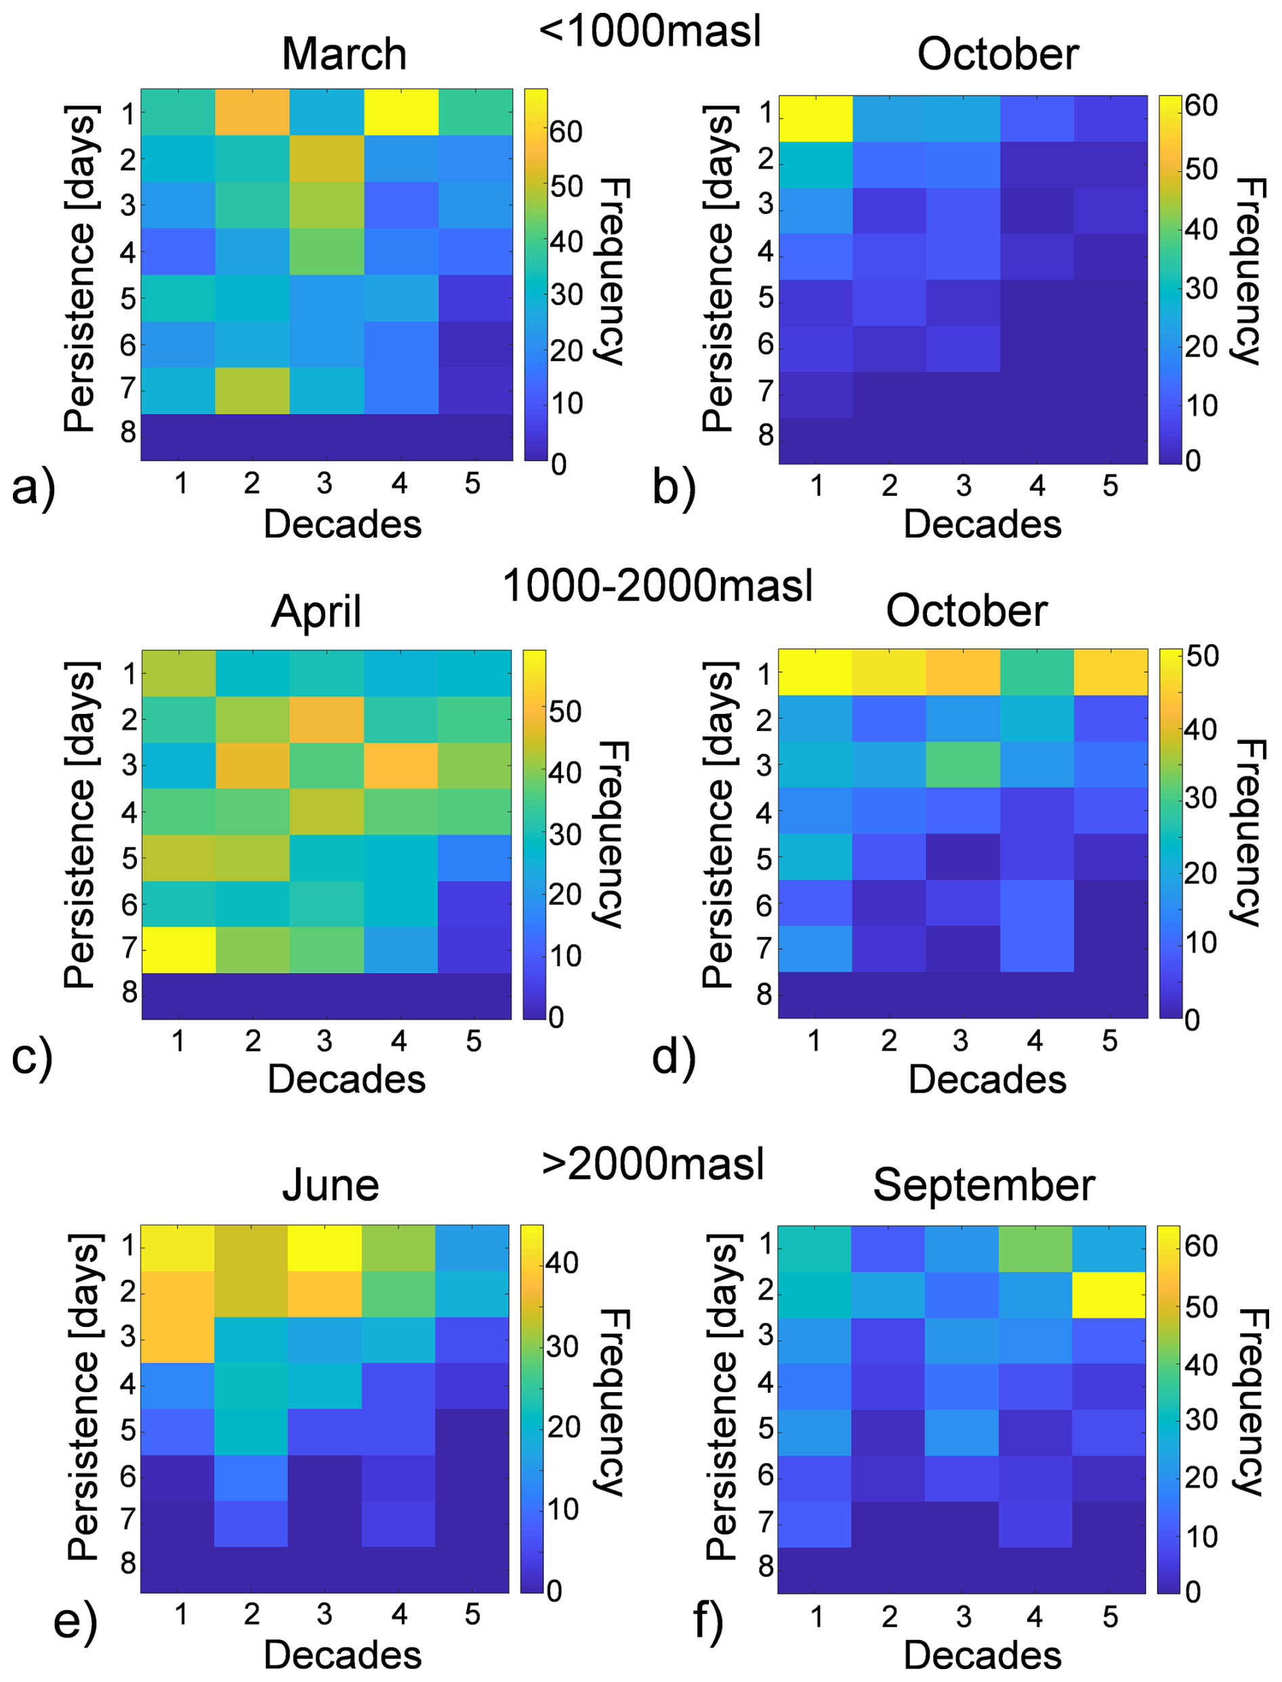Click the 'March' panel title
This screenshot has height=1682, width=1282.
[344, 54]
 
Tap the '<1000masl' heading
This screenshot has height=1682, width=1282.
[650, 31]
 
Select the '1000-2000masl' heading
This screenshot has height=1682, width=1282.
[657, 586]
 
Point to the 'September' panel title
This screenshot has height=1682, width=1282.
[984, 1185]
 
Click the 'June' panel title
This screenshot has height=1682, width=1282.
[331, 1185]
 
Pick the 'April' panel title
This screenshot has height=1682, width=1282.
[316, 611]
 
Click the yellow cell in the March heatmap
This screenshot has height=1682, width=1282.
[401, 112]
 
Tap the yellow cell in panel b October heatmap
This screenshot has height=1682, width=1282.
[816, 119]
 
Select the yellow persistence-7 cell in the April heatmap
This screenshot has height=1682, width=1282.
[179, 950]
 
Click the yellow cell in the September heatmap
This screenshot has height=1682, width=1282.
[1109, 1295]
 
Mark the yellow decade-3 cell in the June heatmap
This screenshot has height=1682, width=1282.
[325, 1248]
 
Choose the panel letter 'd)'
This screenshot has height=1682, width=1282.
[674, 1057]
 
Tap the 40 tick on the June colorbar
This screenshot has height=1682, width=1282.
[562, 1263]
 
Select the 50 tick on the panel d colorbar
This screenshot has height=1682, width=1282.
[1202, 656]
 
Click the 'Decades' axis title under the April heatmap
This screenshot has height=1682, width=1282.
[346, 1079]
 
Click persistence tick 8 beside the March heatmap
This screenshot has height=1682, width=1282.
[127, 432]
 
